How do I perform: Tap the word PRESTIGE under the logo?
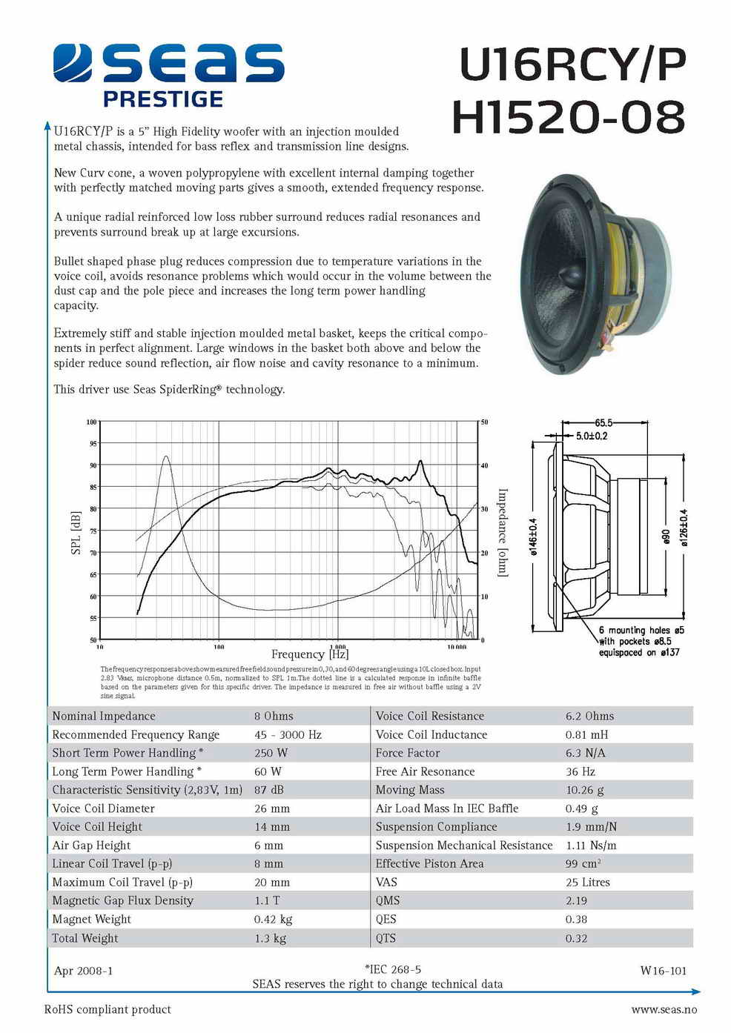tap(163, 99)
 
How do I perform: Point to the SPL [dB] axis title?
tap(75, 532)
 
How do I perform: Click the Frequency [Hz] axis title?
tap(310, 654)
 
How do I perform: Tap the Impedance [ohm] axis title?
tap(503, 532)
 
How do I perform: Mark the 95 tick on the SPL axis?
tap(93, 444)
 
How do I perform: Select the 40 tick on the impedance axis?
tap(484, 465)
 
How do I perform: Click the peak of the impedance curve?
tap(166, 456)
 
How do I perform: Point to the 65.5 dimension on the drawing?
tap(603, 423)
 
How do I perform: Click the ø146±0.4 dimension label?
tap(533, 536)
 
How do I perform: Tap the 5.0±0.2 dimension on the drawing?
tap(592, 436)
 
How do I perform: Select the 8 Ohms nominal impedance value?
tap(274, 717)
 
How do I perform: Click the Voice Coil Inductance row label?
tap(431, 734)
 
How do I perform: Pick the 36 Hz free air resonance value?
tap(580, 771)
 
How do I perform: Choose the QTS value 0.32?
tap(576, 938)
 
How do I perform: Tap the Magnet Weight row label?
tap(91, 919)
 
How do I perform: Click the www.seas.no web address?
tap(664, 1009)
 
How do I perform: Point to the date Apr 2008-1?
tap(83, 971)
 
